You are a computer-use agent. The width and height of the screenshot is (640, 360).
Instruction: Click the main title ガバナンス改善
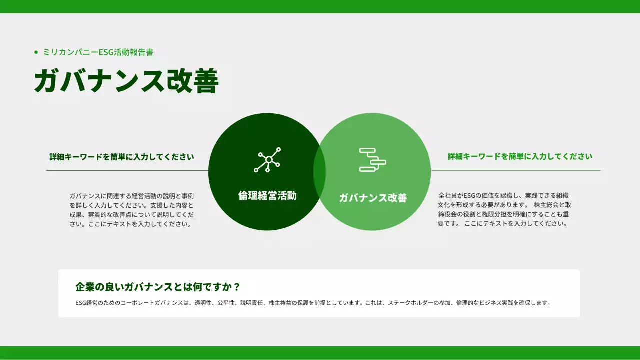point(126,81)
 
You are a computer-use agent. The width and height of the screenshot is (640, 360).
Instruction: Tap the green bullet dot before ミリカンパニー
point(36,52)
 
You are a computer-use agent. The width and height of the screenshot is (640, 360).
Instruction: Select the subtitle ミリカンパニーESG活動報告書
point(98,52)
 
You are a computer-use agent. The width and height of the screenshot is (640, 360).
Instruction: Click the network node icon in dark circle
point(267,160)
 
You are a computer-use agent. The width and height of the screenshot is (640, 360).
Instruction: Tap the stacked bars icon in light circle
point(373,160)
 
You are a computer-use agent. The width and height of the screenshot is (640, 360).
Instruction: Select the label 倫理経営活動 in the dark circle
point(267,196)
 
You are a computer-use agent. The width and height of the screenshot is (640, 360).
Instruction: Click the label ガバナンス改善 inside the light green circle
point(373,198)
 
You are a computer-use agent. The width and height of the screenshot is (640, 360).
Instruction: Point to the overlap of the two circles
point(319,172)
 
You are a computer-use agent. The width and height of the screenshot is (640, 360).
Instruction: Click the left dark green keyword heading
point(122,157)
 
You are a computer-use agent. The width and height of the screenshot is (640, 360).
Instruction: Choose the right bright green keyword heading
point(520,156)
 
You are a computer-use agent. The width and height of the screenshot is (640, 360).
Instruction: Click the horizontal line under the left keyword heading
point(127,170)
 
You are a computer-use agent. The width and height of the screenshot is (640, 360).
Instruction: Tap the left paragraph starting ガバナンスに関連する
point(132,210)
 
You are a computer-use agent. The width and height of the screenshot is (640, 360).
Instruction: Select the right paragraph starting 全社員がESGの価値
point(504,209)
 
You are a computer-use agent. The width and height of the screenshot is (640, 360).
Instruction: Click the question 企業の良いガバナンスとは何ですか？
point(158,287)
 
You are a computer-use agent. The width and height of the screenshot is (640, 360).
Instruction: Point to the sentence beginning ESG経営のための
point(313,303)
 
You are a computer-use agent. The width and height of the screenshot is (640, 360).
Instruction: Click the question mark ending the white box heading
point(237,287)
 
